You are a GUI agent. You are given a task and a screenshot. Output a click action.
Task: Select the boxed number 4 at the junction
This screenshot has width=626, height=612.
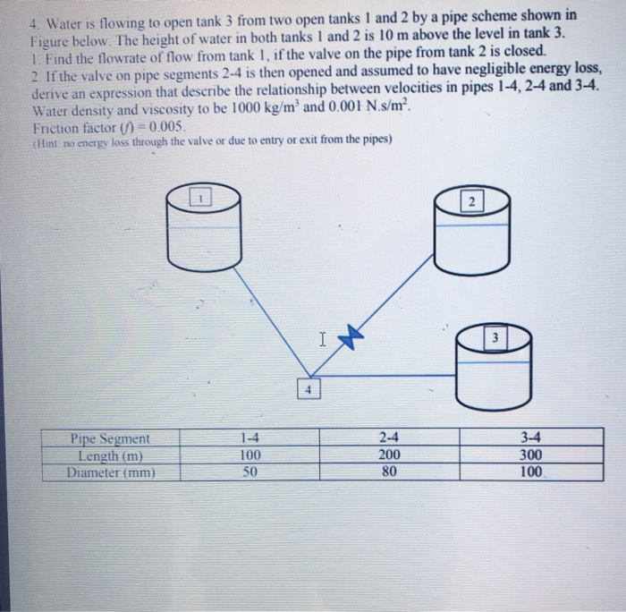pos(308,390)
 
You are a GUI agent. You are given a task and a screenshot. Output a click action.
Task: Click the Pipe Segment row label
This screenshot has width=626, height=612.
pos(110,439)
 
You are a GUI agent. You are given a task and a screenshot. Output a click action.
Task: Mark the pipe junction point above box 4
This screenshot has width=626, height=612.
pos(309,376)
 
